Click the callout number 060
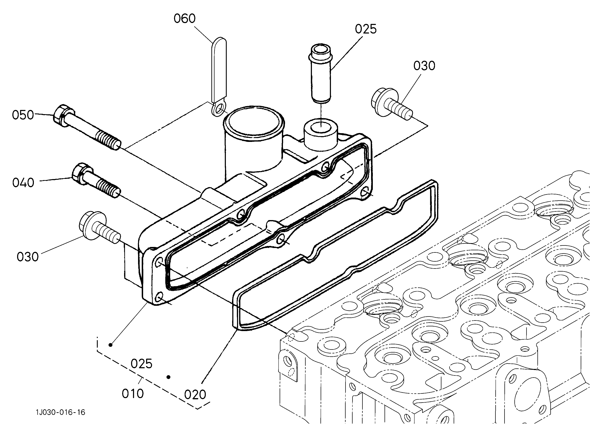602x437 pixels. click(x=184, y=18)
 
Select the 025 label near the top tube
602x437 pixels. click(x=366, y=29)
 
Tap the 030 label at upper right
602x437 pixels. click(x=424, y=66)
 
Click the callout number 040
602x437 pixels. click(x=23, y=183)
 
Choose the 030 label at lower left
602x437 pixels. click(x=28, y=257)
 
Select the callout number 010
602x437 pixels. click(x=133, y=394)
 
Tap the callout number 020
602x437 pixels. click(x=195, y=395)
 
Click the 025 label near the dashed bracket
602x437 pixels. click(x=142, y=364)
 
